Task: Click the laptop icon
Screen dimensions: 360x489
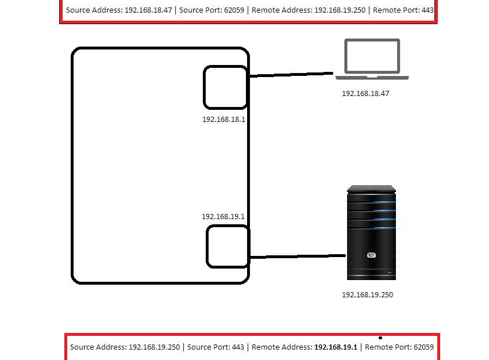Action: point(372,59)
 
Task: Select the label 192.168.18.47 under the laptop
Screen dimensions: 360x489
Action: point(365,93)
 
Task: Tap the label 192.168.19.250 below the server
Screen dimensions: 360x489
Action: point(367,295)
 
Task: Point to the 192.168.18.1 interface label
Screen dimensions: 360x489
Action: point(224,120)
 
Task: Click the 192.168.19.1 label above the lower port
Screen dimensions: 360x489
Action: point(223,217)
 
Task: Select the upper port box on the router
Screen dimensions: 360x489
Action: point(225,87)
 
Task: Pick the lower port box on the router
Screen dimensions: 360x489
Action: point(227,247)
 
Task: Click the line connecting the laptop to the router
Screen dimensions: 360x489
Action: point(291,75)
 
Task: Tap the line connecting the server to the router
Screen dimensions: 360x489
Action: point(297,256)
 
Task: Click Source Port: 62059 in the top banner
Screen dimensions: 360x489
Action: point(212,10)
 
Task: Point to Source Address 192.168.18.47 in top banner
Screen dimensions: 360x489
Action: point(119,10)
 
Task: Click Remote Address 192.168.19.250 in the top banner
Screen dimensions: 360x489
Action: point(309,10)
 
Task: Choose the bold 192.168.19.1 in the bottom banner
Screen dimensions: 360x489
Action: point(336,347)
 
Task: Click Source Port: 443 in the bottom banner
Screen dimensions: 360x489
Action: point(215,347)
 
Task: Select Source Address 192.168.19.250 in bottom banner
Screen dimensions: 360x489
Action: point(125,347)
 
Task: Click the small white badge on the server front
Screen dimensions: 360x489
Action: point(372,255)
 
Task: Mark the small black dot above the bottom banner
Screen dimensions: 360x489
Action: point(380,338)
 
